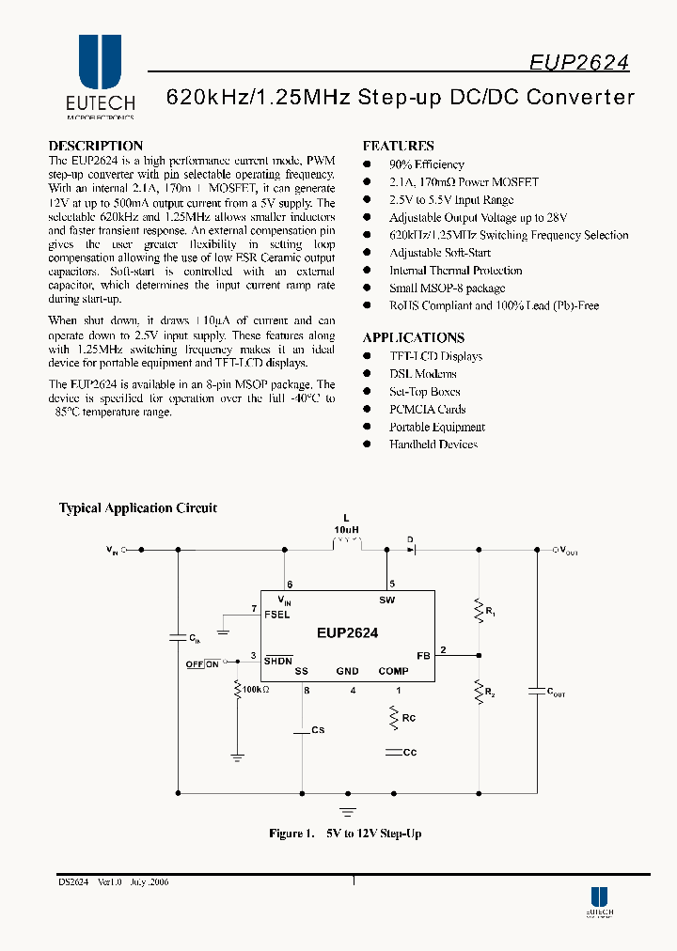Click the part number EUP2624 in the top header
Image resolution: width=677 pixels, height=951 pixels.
pos(578,62)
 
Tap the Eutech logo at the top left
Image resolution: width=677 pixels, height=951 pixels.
pos(100,76)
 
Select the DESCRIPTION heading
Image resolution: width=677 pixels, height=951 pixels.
pos(95,146)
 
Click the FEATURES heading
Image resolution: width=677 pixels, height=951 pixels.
pos(398,146)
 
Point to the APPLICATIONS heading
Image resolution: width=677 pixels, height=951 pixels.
pos(413,337)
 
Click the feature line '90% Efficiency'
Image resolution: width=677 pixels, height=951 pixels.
pos(426,164)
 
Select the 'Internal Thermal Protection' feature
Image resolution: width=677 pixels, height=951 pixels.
pos(455,271)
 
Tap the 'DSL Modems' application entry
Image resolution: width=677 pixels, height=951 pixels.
pos(422,374)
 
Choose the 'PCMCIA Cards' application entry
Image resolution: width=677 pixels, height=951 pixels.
pos(427,410)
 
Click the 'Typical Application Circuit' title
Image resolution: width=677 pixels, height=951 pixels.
pos(138,508)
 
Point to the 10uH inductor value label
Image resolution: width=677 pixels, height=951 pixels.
pos(346,530)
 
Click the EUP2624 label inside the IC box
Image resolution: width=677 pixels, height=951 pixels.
pos(347,633)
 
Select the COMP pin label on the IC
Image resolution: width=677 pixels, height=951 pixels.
pos(393,671)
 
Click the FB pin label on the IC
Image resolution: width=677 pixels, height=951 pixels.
pos(422,654)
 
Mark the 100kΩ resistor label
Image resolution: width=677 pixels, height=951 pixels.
pos(255,690)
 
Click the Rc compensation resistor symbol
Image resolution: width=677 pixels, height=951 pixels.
pos(393,718)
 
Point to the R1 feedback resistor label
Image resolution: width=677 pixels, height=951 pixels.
pos(490,611)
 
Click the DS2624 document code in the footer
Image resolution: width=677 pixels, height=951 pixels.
pos(73,882)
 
